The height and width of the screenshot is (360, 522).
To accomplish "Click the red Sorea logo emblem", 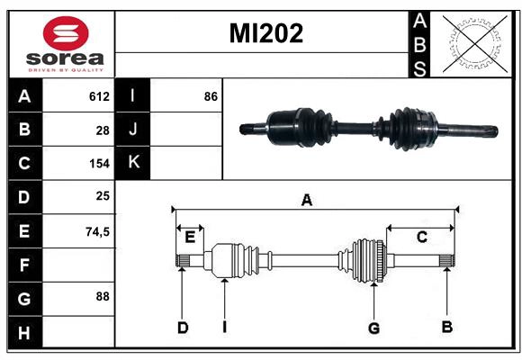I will pos(65,35).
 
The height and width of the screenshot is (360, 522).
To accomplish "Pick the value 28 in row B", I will pos(103,130).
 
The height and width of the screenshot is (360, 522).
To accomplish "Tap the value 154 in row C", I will pos(99,164).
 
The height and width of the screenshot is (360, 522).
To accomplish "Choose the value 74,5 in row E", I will pos(97,231).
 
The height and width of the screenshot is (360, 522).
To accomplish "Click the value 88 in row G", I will pos(103,295).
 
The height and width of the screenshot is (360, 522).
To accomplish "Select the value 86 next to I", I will pos(211,96).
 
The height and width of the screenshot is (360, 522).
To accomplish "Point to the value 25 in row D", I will pos(103,196).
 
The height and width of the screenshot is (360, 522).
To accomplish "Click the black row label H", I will pos(24,333).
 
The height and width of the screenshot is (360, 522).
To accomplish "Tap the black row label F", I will pos(24,265).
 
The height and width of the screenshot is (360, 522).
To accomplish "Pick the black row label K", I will pos(132,163).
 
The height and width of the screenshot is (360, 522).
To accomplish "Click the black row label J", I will pos(132,130).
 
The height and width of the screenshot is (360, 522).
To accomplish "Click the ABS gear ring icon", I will pos(472,42).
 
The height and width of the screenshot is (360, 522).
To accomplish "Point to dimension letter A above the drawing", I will pos(307,200).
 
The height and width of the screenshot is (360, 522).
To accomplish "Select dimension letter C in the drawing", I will pos(421,237).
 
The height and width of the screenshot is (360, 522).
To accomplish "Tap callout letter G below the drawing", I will pos(373,328).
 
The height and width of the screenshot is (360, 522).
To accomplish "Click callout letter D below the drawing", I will pos(182,328).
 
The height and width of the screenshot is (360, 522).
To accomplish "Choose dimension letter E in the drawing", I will pos(190,238).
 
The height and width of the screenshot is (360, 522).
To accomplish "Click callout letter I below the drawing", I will pos(224,328).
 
